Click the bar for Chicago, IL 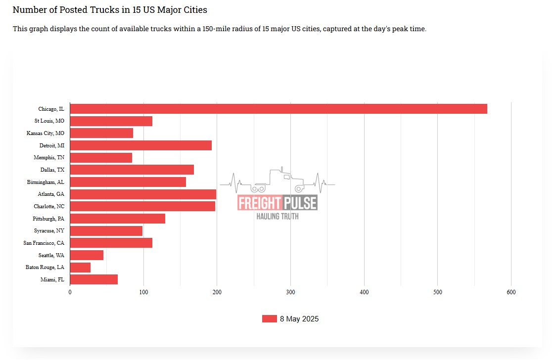point(278,109)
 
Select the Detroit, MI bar point(141,145)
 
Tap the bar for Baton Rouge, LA point(80,268)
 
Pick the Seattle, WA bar point(87,255)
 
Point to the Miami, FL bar point(94,279)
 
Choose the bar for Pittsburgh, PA point(118,219)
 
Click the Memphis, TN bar point(101,158)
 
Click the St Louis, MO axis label point(49,121)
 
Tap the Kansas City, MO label point(45,133)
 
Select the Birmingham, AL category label point(46,182)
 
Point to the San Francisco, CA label point(44,243)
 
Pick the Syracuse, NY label point(49,231)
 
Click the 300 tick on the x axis point(291,292)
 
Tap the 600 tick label point(511,292)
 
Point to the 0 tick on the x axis point(70,292)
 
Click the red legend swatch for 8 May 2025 point(269,319)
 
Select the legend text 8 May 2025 point(299,319)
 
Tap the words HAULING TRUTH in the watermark point(278,216)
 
